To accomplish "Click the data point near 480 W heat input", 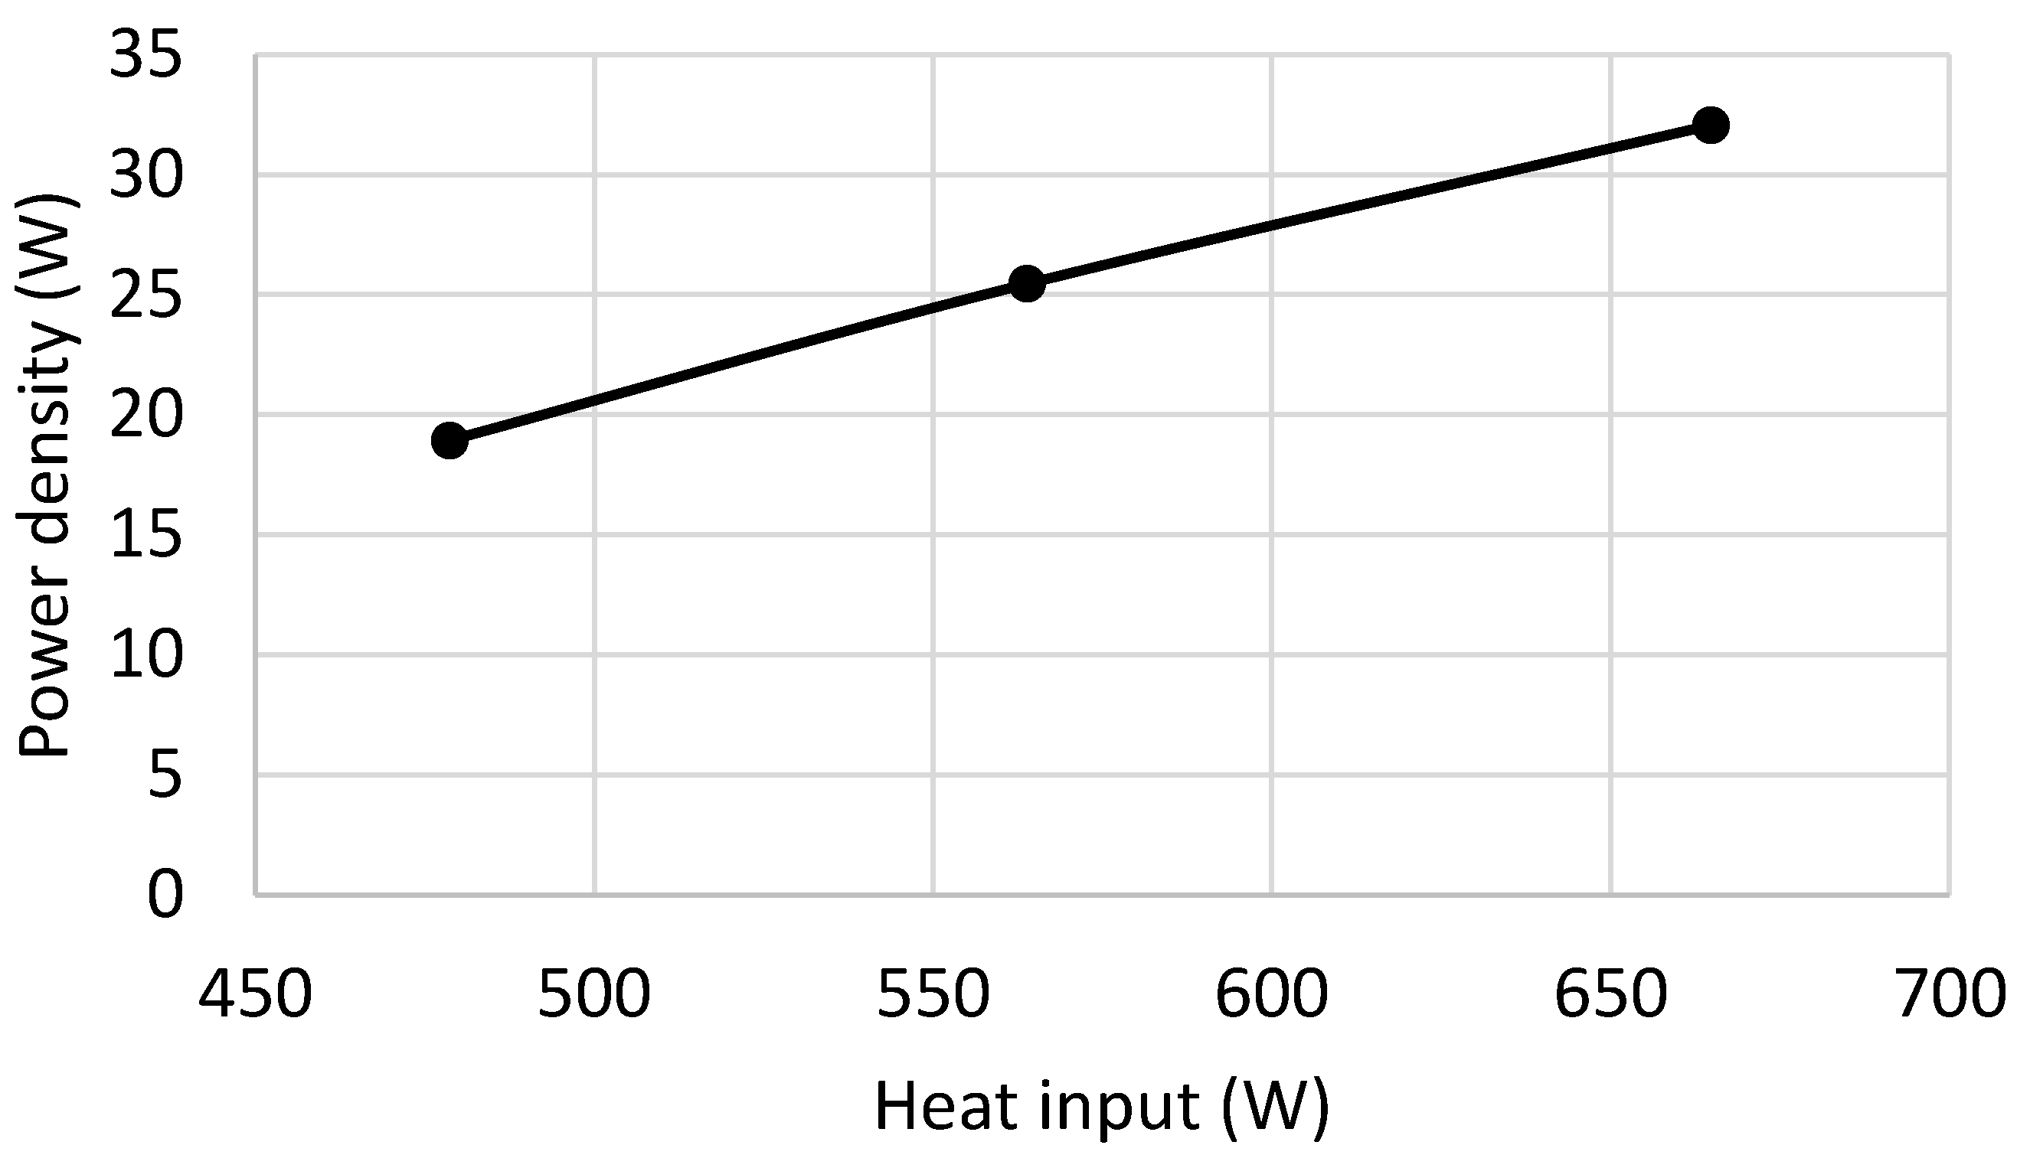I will (x=449, y=440).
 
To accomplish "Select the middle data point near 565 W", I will (x=1026, y=283).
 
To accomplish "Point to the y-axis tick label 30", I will (x=145, y=176).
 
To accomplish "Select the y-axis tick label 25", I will (x=145, y=295).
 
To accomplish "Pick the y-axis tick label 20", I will (x=145, y=416).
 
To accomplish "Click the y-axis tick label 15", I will (x=145, y=535).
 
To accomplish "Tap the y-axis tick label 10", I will (x=145, y=654).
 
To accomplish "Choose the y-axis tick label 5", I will (x=165, y=775).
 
